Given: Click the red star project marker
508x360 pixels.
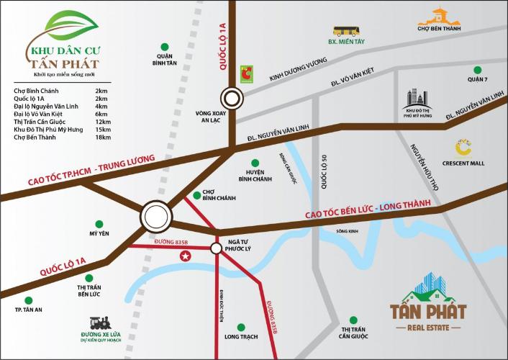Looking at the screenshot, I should pos(186,256).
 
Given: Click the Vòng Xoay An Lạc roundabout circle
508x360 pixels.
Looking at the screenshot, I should pos(232,97).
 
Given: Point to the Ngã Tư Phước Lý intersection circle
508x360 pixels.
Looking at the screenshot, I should pos(216,248).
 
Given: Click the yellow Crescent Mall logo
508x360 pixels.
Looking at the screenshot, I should pos(463,148).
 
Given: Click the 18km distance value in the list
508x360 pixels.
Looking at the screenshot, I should pos(101,138).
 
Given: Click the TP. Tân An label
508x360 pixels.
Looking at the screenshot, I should pos(29,310).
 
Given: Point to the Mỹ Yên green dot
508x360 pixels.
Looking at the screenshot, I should pos(98,224).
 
